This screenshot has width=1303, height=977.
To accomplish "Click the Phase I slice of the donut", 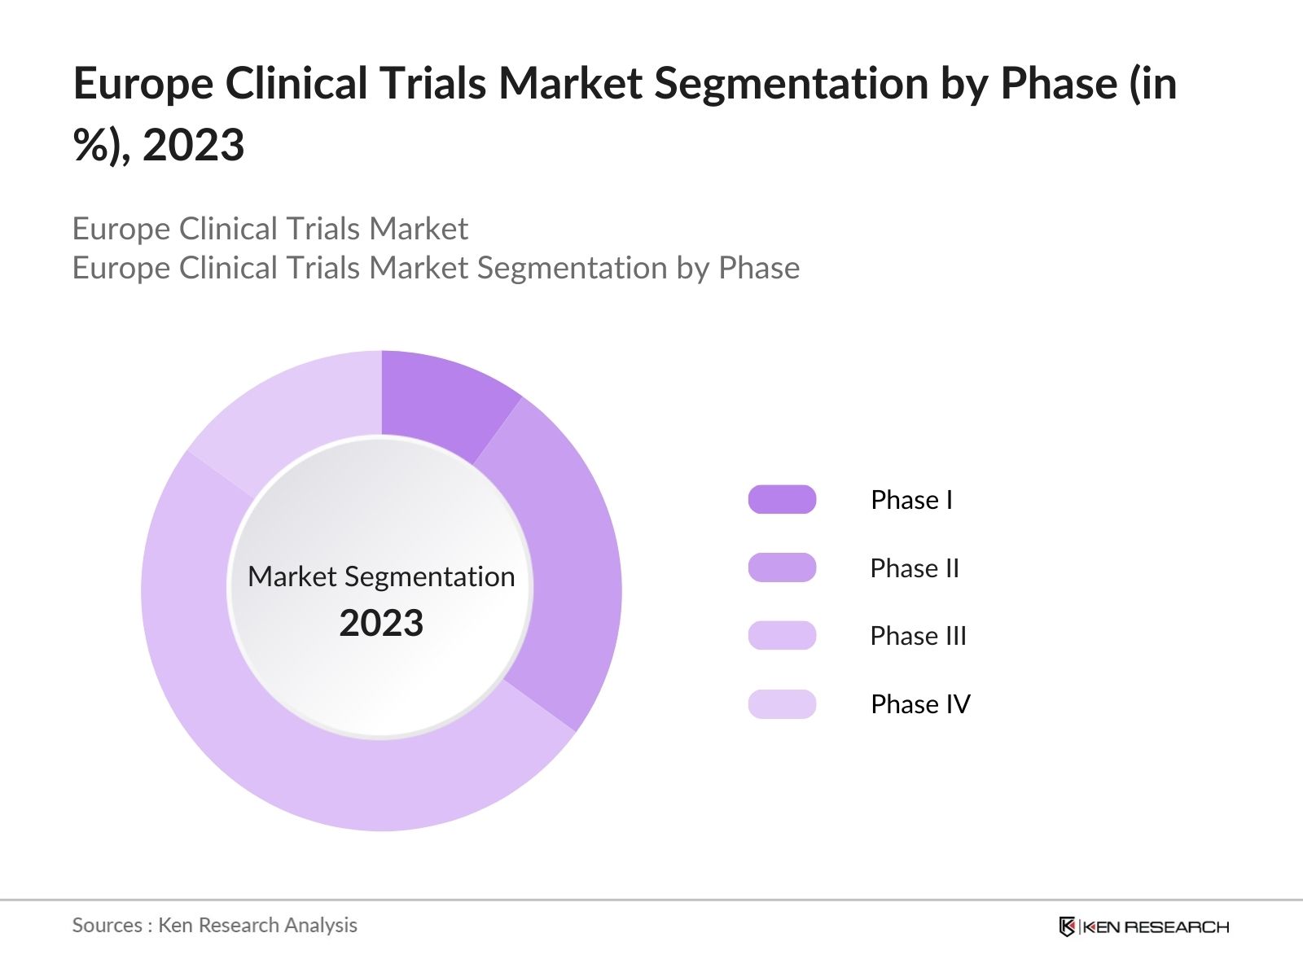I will pyautogui.click(x=440, y=400).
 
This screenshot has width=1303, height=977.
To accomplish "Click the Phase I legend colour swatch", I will pyautogui.click(x=782, y=499).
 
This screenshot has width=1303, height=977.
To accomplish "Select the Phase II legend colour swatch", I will pyautogui.click(x=782, y=567).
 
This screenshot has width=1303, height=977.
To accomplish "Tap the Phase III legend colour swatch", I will pyautogui.click(x=782, y=635).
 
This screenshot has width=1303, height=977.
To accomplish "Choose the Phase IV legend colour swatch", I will pyautogui.click(x=782, y=703).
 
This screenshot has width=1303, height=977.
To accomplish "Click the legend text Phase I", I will pyautogui.click(x=911, y=500).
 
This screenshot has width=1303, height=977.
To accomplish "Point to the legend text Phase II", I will pyautogui.click(x=915, y=568).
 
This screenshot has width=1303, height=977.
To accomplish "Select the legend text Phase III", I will pyautogui.click(x=918, y=636).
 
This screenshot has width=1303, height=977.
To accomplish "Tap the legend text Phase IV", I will pyautogui.click(x=920, y=704).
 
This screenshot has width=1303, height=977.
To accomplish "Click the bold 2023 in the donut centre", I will pyautogui.click(x=381, y=624).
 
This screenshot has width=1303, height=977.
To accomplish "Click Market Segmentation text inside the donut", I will pyautogui.click(x=381, y=576).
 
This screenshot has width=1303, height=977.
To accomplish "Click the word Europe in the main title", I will pyautogui.click(x=143, y=85).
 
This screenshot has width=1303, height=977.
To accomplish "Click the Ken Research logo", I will pyautogui.click(x=1143, y=927).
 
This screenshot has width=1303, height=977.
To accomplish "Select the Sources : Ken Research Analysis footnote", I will pyautogui.click(x=214, y=925).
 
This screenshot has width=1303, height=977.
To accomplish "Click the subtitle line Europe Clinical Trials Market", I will pyautogui.click(x=270, y=229).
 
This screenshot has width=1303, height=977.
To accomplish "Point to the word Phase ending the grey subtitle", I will pyautogui.click(x=758, y=268).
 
